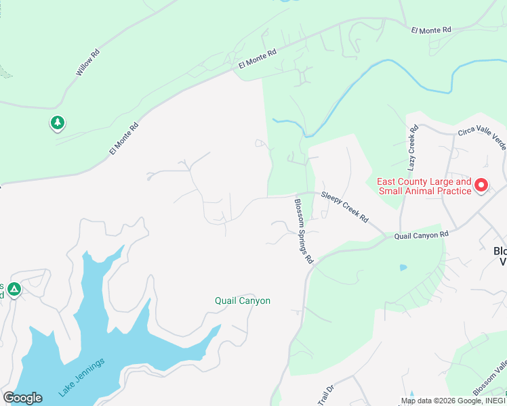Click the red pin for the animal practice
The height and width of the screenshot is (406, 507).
pyautogui.click(x=481, y=185)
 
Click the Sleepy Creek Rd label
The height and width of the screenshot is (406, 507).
pyautogui.click(x=344, y=208)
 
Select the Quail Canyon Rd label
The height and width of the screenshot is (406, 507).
pyautogui.click(x=422, y=235)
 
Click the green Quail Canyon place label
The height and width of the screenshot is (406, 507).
pyautogui.click(x=243, y=300)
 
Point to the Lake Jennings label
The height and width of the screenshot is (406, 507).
pyautogui.click(x=82, y=377)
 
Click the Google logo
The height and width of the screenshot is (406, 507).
pyautogui.click(x=22, y=398)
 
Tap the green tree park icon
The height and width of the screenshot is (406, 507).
pyautogui.click(x=58, y=122)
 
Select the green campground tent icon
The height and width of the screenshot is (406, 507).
pyautogui.click(x=14, y=290)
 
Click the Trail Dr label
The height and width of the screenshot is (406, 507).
pyautogui.click(x=327, y=394)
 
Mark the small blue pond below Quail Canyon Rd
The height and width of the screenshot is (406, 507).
pyautogui.click(x=404, y=267)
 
